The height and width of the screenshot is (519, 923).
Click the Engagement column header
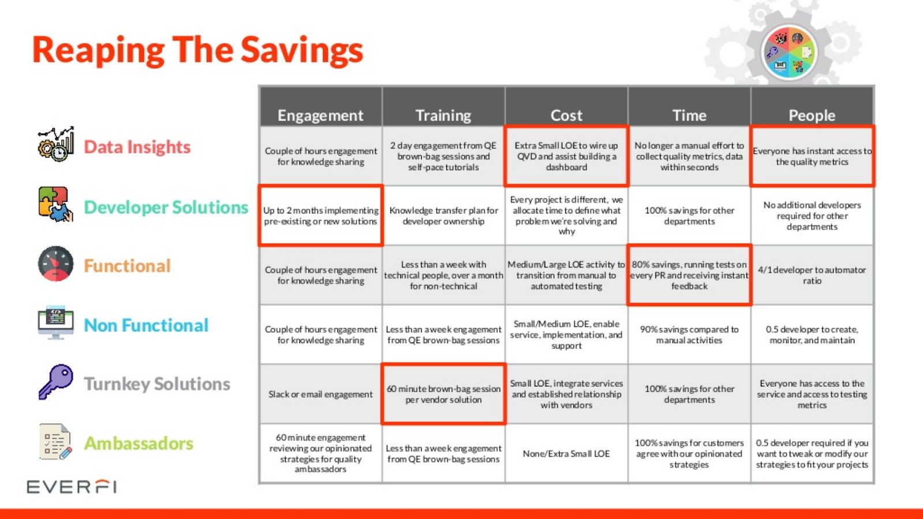tap(321, 115)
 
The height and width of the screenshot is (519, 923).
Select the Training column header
tap(444, 115)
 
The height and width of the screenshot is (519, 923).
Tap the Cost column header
tap(566, 115)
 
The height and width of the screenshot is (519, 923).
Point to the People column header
tap(812, 115)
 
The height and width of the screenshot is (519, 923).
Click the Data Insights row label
tap(137, 146)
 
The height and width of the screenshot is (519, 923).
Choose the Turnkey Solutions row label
tap(157, 384)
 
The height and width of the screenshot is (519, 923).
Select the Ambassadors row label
tap(138, 443)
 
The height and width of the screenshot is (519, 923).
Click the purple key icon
tap(55, 381)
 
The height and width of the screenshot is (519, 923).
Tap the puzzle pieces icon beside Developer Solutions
tap(55, 204)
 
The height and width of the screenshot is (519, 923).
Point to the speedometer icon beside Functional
tap(55, 264)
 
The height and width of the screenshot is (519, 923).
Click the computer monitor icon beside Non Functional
tap(55, 323)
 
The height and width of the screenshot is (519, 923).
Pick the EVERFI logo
tap(72, 487)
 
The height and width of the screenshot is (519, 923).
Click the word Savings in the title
tap(302, 50)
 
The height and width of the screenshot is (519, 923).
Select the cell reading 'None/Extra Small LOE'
tap(566, 453)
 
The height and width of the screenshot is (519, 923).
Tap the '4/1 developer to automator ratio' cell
tap(812, 275)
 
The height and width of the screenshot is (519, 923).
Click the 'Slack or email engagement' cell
tap(321, 394)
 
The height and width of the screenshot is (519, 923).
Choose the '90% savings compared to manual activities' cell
tap(689, 334)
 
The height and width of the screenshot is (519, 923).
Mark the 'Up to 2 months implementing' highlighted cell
tap(321, 216)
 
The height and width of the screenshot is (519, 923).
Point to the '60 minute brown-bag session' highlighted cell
tap(444, 394)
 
